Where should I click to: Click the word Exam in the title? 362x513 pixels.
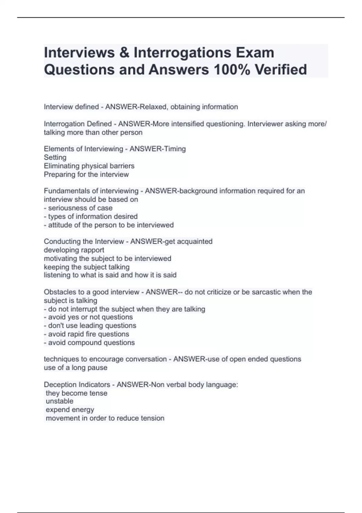click(255, 53)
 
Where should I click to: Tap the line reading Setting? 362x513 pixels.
click(55, 157)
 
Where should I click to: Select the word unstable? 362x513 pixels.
click(59, 401)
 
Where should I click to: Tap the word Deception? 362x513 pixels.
click(60, 385)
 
